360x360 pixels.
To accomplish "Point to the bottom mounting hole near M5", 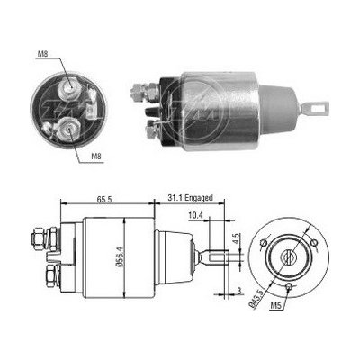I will [286, 289].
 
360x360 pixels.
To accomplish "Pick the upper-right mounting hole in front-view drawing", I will [312, 242].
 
